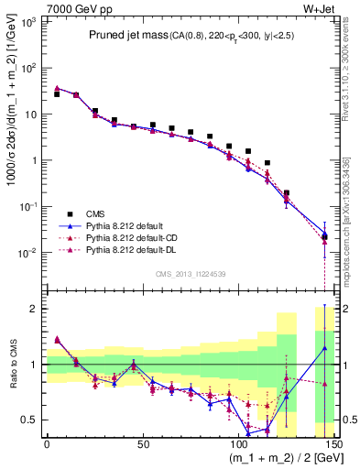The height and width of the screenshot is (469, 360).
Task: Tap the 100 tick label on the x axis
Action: [x=237, y=442]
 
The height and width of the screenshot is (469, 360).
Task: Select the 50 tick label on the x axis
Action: [x=142, y=442]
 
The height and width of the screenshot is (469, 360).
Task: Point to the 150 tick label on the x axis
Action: [x=332, y=442]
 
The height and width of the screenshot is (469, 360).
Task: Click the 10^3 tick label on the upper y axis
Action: [x=27, y=21]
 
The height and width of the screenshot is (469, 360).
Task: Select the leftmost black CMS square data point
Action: [x=57, y=94]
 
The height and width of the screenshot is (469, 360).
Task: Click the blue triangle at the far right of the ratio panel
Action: [x=324, y=348]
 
